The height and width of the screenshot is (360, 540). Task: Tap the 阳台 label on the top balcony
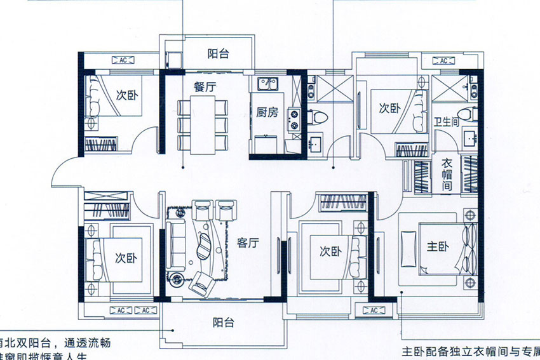218,54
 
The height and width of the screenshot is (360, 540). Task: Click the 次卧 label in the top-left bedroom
126,95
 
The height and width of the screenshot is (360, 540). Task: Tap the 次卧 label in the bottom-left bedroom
126,258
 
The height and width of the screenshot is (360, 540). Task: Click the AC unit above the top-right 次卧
442,60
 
